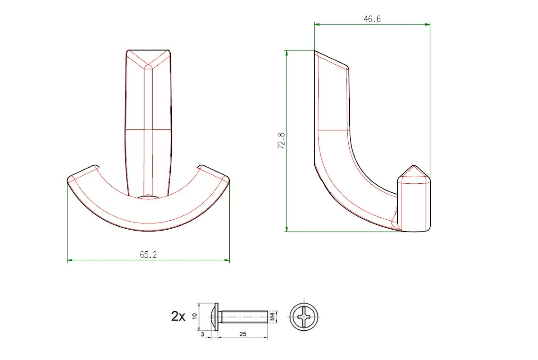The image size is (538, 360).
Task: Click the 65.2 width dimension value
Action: point(148,255)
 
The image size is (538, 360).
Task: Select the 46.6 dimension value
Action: point(372,19)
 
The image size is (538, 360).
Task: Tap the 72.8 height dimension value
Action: point(281,141)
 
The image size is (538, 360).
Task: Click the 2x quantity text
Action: point(178,316)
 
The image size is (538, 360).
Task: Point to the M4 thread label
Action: point(272,317)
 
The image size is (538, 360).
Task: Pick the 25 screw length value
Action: point(243,334)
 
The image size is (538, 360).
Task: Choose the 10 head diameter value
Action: point(195,316)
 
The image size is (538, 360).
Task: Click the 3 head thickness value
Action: point(202,334)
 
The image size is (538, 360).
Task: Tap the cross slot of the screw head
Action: point(304,317)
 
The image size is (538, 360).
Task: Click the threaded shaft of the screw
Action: point(245,317)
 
